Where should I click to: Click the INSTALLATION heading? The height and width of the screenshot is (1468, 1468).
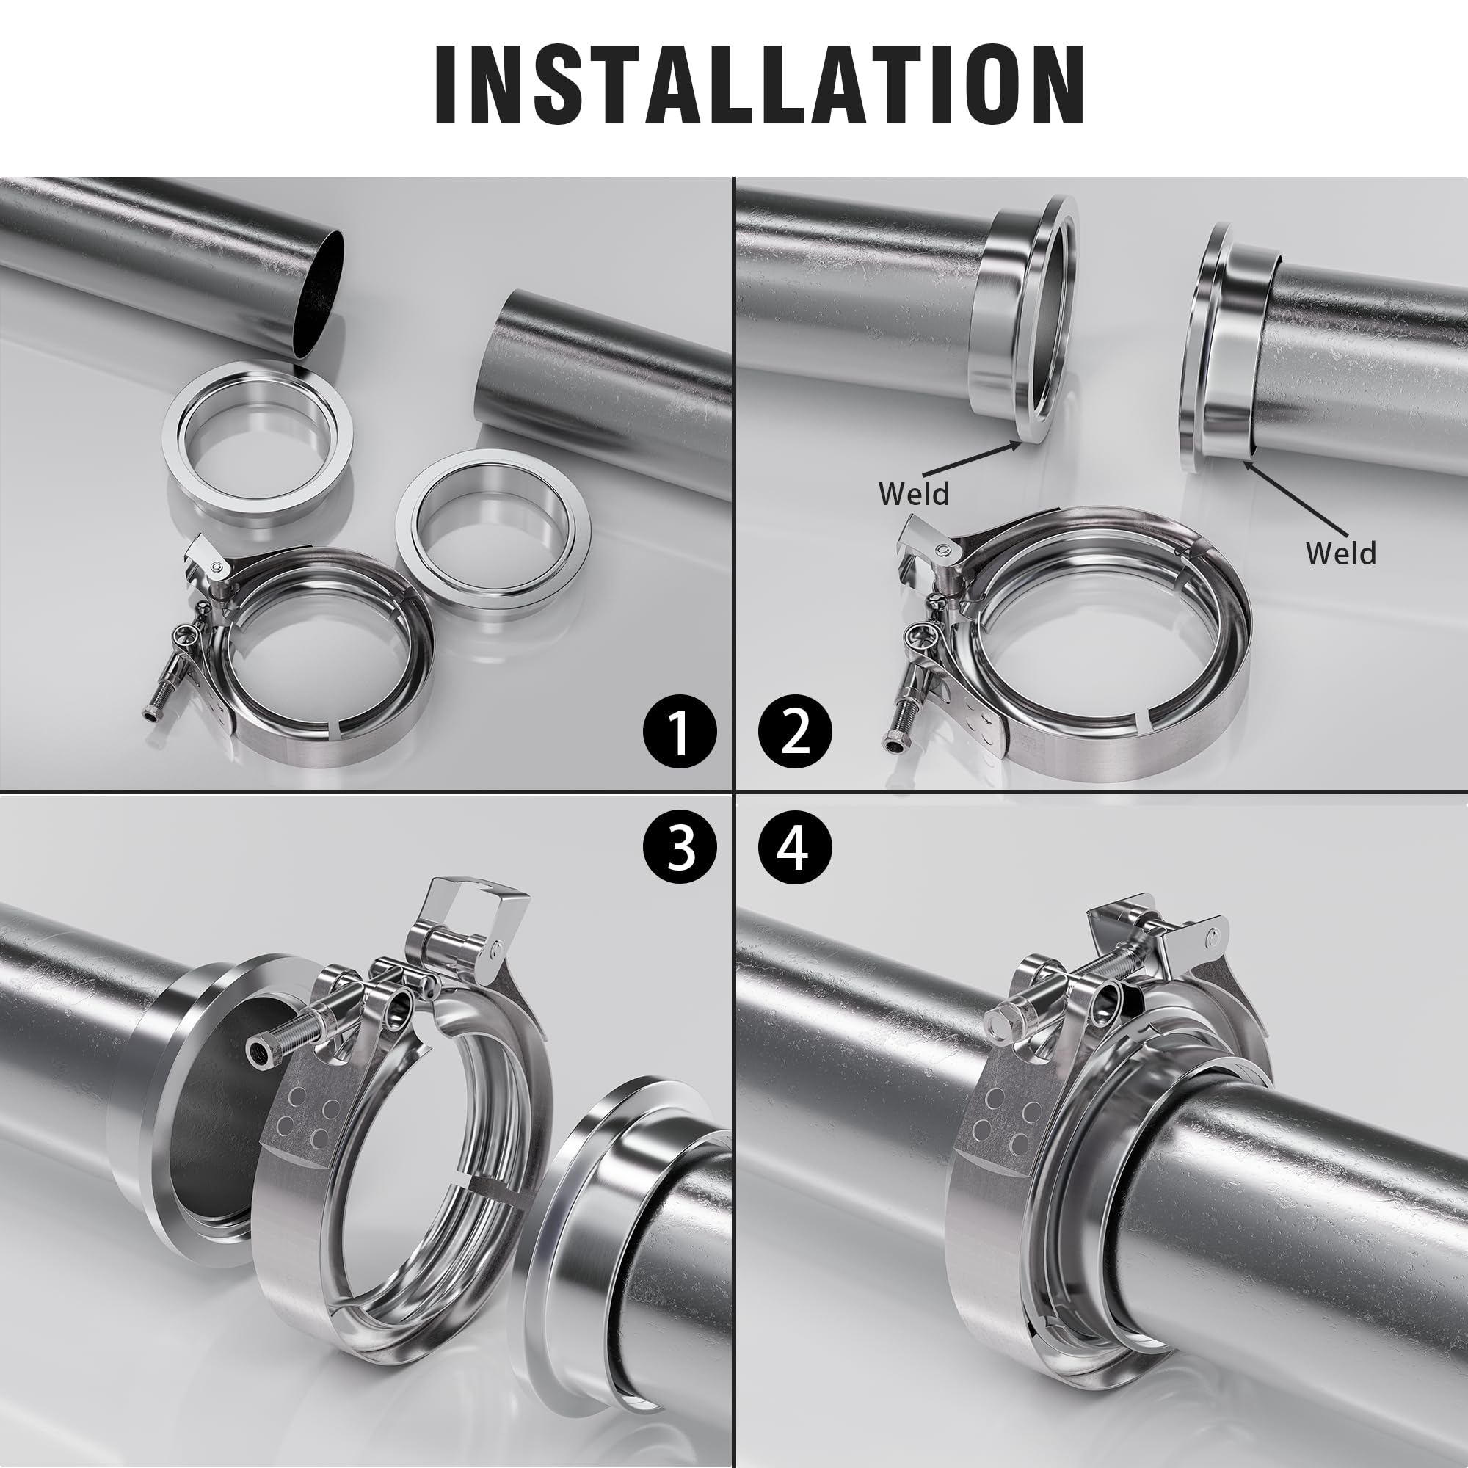[x=760, y=84]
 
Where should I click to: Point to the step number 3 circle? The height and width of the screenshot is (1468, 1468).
[x=680, y=848]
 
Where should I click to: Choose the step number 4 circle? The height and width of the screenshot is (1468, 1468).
[x=795, y=848]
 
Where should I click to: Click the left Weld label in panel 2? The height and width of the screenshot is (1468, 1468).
[x=913, y=494]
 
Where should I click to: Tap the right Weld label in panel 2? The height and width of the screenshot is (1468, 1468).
[x=1340, y=553]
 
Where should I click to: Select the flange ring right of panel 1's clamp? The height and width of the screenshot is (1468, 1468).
[x=493, y=528]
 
